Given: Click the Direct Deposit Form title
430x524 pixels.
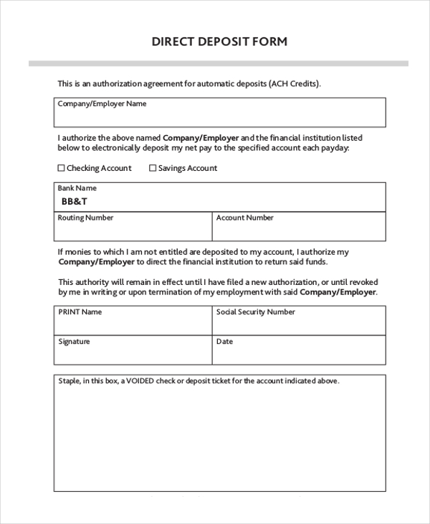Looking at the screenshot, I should (x=219, y=41).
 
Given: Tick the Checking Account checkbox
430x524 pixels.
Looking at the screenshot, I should (x=61, y=168).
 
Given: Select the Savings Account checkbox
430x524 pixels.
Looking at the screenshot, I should (x=152, y=168).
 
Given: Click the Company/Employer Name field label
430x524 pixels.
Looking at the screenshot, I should (x=102, y=103).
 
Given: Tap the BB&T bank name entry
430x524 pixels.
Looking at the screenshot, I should (x=74, y=202).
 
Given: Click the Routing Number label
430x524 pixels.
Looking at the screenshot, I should (x=85, y=217).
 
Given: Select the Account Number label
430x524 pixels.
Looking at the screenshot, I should (x=245, y=217).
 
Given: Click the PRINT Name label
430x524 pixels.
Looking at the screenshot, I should (x=80, y=312).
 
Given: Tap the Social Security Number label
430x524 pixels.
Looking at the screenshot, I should (x=255, y=312).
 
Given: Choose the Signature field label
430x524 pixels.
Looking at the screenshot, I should (x=74, y=342).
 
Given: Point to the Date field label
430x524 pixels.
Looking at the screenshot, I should (x=224, y=342).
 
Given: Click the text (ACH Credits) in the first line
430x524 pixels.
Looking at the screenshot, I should (x=295, y=83).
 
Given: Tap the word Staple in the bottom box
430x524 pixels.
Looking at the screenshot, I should (x=70, y=381).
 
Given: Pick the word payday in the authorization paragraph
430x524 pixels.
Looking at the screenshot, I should (x=335, y=148).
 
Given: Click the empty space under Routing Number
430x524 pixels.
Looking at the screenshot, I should (x=133, y=231).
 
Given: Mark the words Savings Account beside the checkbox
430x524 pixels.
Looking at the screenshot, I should (x=188, y=168).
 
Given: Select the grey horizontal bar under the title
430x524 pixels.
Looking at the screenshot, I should (x=218, y=64).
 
